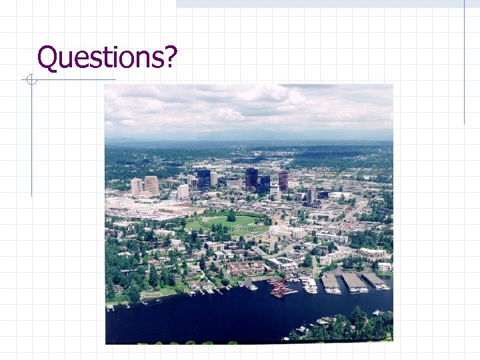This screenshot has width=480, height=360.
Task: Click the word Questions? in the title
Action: tap(107, 57)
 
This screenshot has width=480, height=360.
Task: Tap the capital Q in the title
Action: tap(47, 57)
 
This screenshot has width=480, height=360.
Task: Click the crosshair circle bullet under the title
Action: tap(29, 81)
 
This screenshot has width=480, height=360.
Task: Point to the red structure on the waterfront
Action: tap(281, 288)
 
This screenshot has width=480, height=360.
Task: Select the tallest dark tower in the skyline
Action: tap(251, 178)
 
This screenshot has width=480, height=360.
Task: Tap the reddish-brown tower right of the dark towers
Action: tap(283, 179)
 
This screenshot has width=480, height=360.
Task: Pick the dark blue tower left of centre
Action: tap(203, 179)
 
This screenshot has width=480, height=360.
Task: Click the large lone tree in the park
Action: tap(231, 216)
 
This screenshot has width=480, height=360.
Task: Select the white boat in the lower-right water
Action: tap(323, 321)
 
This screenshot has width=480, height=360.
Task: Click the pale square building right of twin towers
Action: tap(183, 191)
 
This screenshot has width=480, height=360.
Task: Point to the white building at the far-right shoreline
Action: tap(385, 267)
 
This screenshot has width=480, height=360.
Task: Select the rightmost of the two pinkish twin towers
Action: tap(151, 185)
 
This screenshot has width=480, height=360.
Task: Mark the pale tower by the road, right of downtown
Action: tap(311, 195)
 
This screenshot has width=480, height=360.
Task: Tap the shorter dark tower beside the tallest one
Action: tap(265, 183)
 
